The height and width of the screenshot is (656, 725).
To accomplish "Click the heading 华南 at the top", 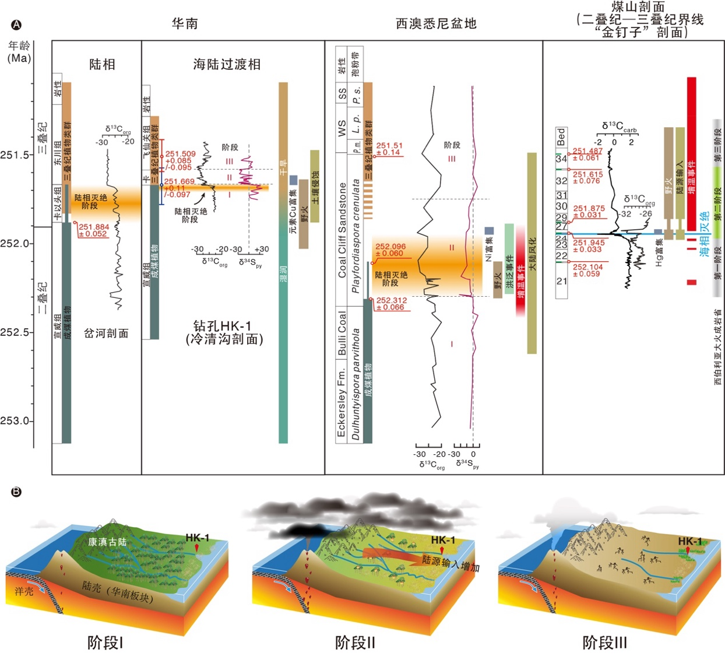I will click(185, 23).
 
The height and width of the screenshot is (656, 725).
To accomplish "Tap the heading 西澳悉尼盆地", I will click(436, 23).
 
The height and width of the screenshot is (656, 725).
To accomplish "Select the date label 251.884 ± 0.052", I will click(93, 230).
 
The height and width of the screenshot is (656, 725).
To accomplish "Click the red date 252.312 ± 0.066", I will click(391, 304).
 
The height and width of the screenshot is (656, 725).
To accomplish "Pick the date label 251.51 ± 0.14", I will click(389, 149).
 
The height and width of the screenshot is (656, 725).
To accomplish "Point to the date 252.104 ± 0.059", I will click(587, 270).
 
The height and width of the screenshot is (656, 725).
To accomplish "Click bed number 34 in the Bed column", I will click(561, 159).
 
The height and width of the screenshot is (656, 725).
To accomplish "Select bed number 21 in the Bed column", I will click(561, 281).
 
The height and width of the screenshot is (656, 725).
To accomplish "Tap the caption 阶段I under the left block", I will click(105, 643).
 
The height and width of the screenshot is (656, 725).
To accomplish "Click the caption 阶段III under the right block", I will click(604, 643).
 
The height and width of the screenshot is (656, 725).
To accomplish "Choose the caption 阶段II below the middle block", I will click(354, 643).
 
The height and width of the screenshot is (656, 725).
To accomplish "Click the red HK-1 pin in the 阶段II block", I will click(442, 550).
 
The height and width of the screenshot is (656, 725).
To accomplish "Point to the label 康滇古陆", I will click(107, 542).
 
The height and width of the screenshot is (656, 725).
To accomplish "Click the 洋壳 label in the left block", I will click(24, 591).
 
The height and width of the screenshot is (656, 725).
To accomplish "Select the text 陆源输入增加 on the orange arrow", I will click(451, 563).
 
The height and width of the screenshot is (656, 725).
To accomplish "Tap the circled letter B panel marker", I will click(16, 492).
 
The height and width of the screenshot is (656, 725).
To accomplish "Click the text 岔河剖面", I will click(106, 334).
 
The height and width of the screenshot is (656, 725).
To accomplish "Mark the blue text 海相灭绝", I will click(704, 234).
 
